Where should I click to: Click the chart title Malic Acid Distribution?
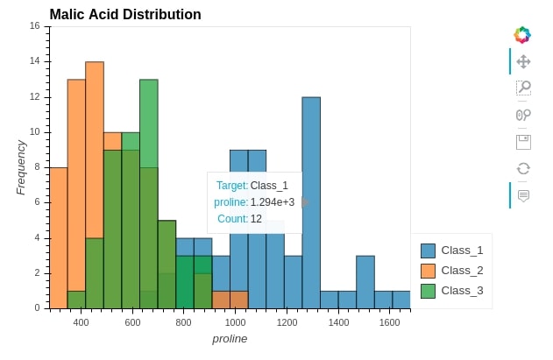click(125, 15)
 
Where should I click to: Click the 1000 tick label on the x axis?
click(235, 322)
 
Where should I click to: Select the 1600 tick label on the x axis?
click(390, 322)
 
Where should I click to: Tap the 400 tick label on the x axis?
click(81, 322)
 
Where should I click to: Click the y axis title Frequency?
click(21, 166)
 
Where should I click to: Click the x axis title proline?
click(230, 339)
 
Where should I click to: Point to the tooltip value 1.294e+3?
click(273, 202)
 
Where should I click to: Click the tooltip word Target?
click(232, 186)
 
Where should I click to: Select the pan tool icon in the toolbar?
click(523, 61)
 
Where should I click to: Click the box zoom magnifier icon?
click(523, 88)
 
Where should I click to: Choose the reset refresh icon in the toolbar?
click(523, 168)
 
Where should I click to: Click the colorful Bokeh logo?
click(522, 34)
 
